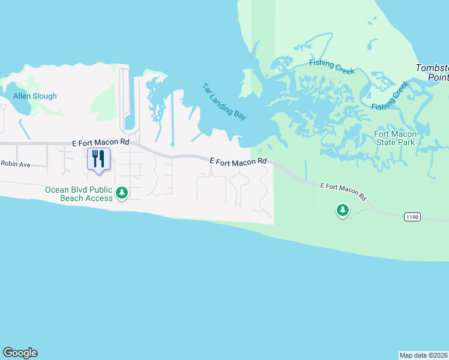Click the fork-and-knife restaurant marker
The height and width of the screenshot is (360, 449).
point(98,159)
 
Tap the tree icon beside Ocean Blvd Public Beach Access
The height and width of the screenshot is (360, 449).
point(122,193)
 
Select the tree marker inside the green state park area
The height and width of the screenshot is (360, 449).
point(343,210)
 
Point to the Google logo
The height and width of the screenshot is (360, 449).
point(20,353)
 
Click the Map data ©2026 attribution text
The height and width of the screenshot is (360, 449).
point(424,355)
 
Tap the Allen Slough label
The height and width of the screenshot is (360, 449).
point(35,96)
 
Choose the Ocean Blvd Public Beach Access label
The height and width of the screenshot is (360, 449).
point(79,194)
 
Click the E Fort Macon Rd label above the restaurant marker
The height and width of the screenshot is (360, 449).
point(100,143)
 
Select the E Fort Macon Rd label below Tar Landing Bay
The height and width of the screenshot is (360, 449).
point(238,161)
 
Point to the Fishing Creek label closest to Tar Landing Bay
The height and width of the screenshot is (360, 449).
point(332,67)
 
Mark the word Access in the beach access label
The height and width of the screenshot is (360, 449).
point(99,198)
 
